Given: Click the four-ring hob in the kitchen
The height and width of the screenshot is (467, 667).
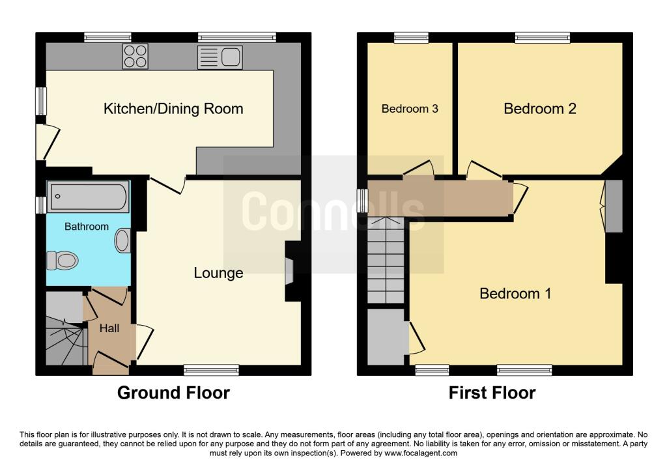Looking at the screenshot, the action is coord(135,56).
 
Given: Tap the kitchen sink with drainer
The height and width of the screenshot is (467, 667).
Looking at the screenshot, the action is coord(220,57).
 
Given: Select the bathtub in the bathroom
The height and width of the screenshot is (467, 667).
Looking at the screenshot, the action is coord(88,197).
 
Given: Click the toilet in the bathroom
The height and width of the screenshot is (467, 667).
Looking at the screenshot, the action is coord(62,261).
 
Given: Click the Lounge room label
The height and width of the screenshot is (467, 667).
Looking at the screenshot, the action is coord(218,273).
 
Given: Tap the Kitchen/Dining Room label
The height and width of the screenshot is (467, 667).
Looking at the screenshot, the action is coord(173,109).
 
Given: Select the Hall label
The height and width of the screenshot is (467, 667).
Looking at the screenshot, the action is coord(109,328).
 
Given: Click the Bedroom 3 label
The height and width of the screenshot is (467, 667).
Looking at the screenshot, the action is coord(410,109).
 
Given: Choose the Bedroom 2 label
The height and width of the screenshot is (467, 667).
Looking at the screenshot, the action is coord(540,109).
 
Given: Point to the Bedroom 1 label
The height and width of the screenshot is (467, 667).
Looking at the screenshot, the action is coord(515,294).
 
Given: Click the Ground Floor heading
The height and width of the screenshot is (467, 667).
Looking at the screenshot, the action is coord(173,393).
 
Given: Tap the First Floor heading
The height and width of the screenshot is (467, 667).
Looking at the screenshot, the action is coord(492,393).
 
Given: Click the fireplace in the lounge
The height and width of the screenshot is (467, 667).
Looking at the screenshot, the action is coord(289,271).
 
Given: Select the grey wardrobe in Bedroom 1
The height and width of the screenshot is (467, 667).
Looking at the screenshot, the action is coord(614,206).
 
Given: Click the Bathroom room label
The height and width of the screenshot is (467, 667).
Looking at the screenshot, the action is coord(87,226).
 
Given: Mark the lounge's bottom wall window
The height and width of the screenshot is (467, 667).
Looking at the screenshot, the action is coord(212,370).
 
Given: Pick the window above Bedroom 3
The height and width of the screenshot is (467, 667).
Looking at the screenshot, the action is coord(411,37).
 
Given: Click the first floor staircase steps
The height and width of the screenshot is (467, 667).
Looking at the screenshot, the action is coord(386,261).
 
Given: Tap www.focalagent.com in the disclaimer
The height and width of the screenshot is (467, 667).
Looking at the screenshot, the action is coord(421,453).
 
